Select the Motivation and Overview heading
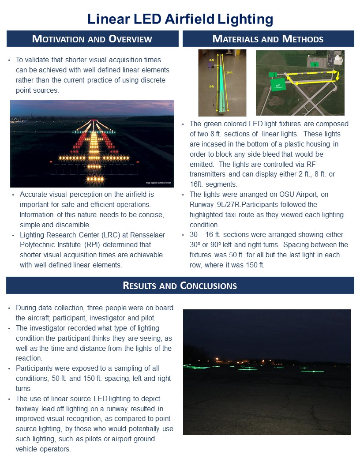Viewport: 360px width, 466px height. (x=92, y=39)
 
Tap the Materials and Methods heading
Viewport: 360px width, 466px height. (x=268, y=39)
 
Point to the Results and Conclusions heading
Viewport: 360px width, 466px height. (x=180, y=286)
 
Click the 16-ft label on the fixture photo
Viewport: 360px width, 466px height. (x=229, y=72)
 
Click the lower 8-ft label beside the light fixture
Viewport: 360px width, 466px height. (x=212, y=87)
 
